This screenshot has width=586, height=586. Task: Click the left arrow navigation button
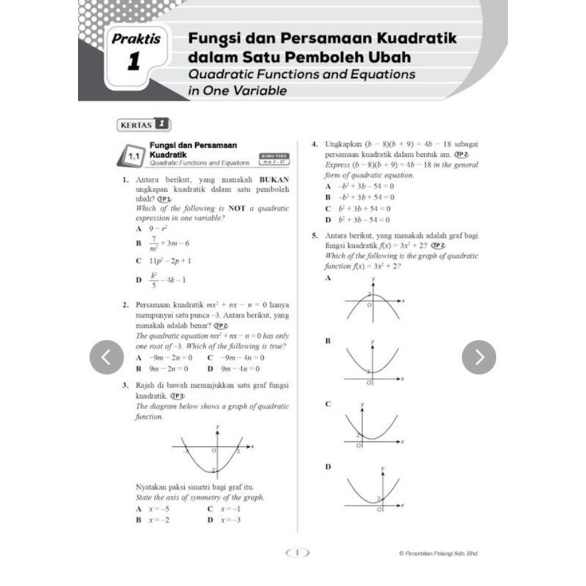click(x=106, y=357)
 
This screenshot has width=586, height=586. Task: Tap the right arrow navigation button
click(x=479, y=357)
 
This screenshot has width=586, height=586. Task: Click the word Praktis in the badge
click(x=136, y=40)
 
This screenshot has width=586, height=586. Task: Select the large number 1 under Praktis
click(x=134, y=62)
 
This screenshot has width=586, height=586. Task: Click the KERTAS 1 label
click(x=144, y=124)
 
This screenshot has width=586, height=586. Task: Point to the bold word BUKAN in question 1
click(x=274, y=180)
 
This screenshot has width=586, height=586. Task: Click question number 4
click(x=315, y=144)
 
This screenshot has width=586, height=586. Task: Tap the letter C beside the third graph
click(x=328, y=404)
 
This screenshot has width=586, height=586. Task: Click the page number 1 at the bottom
click(x=297, y=553)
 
